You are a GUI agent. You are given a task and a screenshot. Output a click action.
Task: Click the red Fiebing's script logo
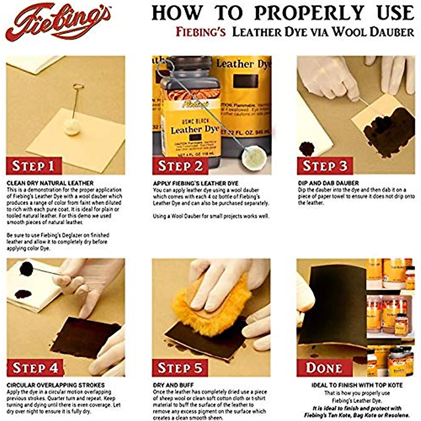58,22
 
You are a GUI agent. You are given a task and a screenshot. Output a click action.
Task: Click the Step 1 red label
34,166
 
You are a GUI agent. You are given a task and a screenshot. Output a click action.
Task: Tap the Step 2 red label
180,166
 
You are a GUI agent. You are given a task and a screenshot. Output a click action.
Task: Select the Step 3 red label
325,166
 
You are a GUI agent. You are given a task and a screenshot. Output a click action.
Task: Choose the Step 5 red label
180,368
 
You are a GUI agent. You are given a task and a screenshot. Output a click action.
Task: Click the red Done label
324,368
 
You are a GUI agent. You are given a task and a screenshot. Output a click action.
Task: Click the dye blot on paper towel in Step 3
307,149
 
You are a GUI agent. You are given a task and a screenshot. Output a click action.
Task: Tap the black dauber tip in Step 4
26,268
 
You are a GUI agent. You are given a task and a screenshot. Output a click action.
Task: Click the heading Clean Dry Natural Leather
50,183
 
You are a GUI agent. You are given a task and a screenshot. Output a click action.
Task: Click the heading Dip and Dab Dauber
328,183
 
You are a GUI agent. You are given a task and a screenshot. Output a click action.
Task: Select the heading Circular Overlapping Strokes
56,385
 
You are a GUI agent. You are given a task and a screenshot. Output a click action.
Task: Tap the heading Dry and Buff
173,385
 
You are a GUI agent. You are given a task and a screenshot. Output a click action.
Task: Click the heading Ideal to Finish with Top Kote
357,385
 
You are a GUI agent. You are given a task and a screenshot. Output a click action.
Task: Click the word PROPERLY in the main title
309,13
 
